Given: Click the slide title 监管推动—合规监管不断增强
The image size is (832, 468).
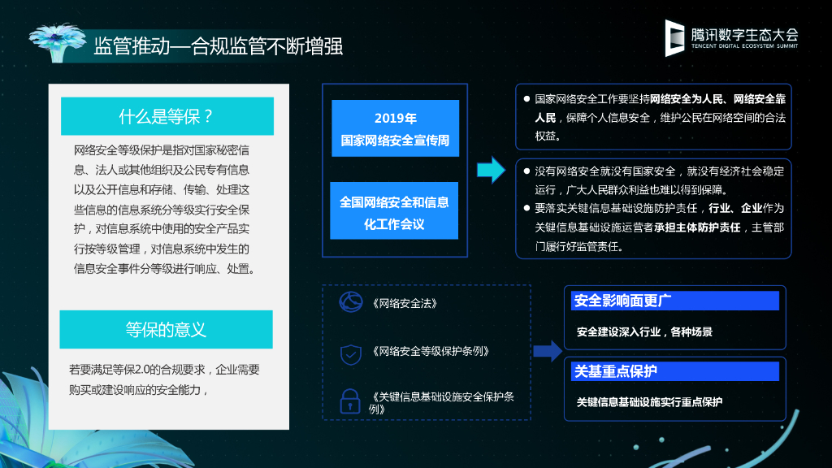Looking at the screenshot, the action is tap(218, 45).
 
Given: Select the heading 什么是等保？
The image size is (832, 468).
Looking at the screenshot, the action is tap(167, 116).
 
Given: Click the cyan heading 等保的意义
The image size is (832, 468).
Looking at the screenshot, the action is tap(166, 329).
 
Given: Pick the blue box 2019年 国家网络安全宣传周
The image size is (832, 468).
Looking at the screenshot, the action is tap(395, 128).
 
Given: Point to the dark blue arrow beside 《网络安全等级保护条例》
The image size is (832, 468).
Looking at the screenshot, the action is tap(548, 351).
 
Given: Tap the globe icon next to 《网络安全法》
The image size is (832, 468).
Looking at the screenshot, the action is tap(351, 302).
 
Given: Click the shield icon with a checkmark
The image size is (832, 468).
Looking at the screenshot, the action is tap(351, 353).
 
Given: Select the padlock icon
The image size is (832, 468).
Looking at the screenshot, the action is tap(350, 400).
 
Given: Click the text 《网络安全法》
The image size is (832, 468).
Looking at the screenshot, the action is tap(405, 303).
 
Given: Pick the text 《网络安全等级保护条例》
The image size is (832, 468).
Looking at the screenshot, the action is tap(431, 352).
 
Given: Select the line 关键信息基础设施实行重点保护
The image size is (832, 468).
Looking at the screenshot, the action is tap(649, 401).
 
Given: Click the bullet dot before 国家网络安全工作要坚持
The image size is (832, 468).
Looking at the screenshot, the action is tap(526, 99).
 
